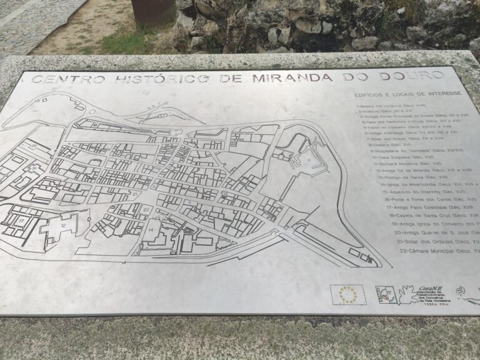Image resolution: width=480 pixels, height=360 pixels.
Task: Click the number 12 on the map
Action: click(x=64, y=224)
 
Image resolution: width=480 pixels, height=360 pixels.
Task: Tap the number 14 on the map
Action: click(x=151, y=230)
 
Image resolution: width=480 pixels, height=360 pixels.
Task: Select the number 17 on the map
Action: click(x=21, y=221)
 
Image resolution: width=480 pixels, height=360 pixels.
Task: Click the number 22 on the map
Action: click(x=146, y=209)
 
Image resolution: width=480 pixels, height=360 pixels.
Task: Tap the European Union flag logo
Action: click(x=348, y=294)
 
